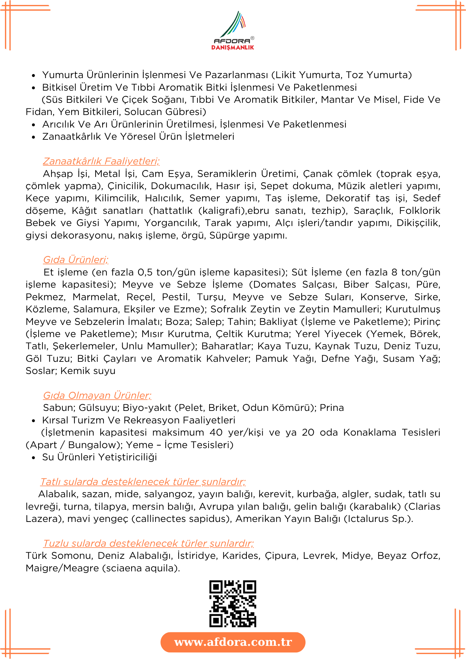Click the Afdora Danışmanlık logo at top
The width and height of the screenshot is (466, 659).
(233, 31)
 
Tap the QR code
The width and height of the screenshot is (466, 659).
(233, 604)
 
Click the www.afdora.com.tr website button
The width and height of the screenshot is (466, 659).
(233, 642)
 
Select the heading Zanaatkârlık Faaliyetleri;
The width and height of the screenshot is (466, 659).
(101, 161)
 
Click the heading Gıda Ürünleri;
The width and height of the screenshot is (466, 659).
(76, 260)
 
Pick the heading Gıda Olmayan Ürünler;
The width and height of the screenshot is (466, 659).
(97, 395)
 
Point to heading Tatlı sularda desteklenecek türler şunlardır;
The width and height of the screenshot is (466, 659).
(143, 482)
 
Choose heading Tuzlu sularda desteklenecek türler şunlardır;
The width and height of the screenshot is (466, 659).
(148, 543)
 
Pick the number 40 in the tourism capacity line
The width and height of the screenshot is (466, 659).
(216, 432)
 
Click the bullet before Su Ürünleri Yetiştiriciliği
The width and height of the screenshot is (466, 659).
(33, 458)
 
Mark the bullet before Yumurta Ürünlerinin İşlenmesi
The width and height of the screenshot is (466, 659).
(33, 75)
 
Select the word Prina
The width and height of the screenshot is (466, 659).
(332, 408)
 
